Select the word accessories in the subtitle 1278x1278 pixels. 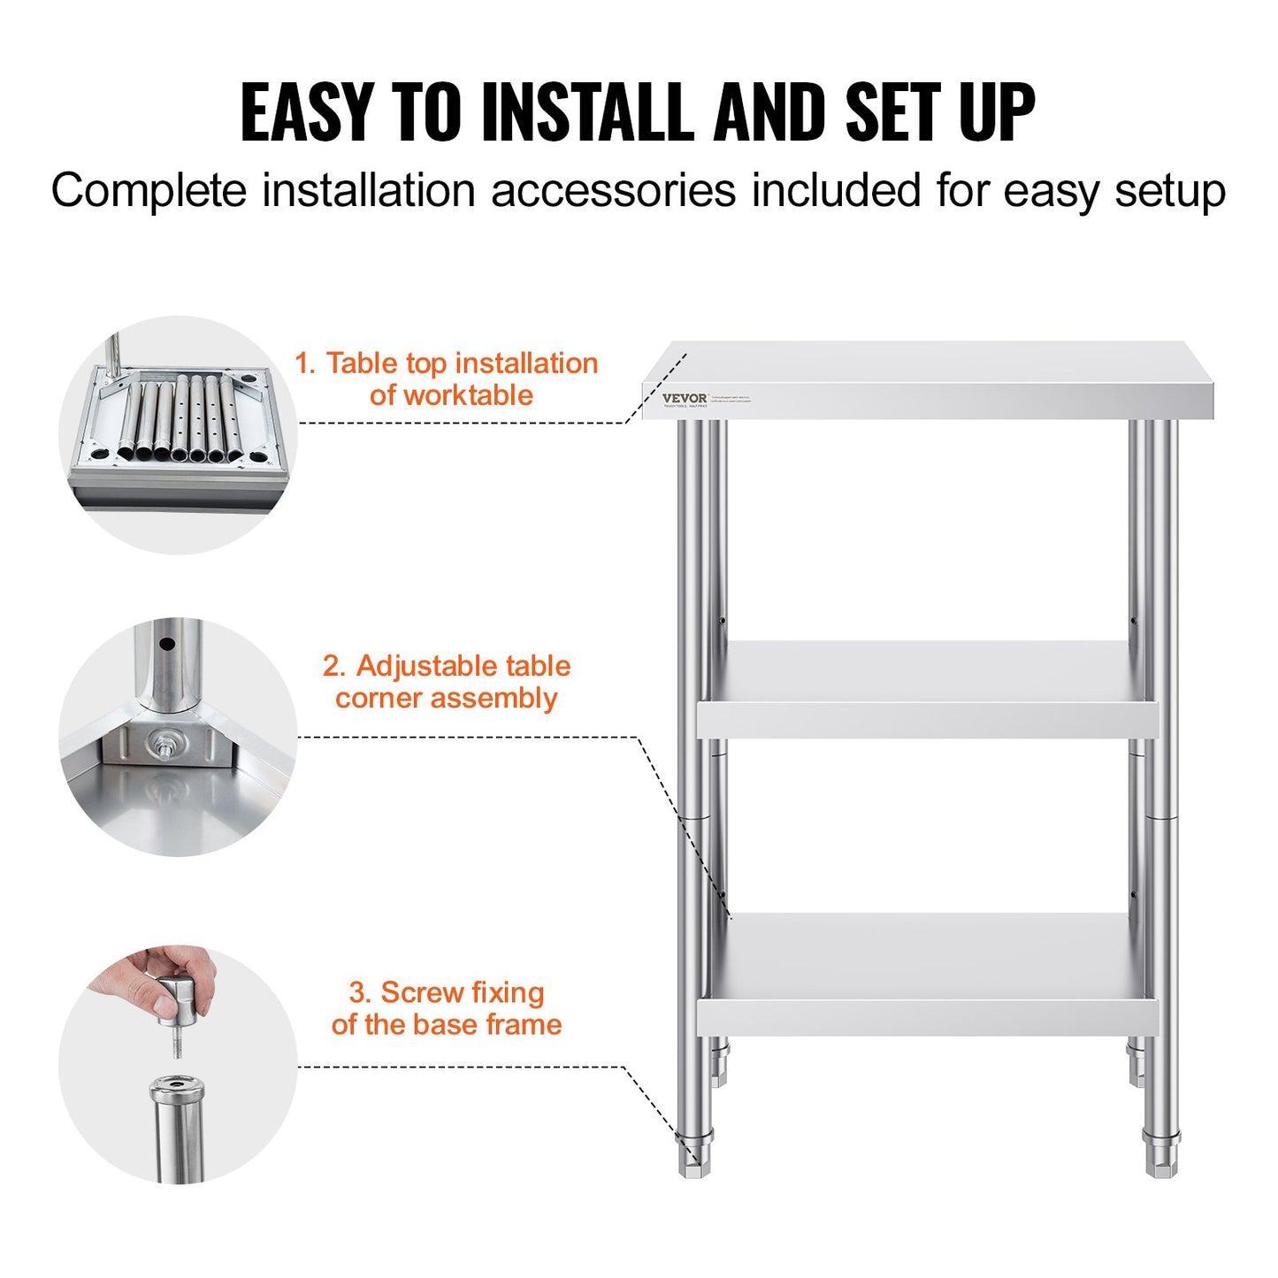click(x=613, y=191)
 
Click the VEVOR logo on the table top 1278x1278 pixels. click(x=685, y=398)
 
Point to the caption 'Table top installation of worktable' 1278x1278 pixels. click(x=447, y=379)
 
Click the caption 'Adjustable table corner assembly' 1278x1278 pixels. click(x=447, y=682)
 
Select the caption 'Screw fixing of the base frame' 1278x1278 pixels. click(x=447, y=1008)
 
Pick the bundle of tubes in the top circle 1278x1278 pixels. click(x=181, y=420)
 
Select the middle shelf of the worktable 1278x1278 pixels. click(x=927, y=690)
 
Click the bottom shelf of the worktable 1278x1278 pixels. click(x=927, y=973)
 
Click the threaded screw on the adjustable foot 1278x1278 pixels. click(x=177, y=1044)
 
